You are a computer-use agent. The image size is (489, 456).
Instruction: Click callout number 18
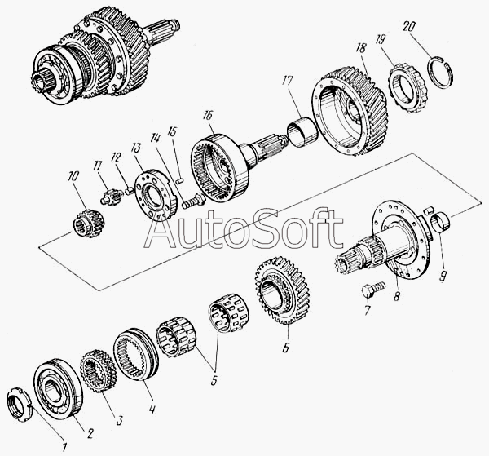(x=360, y=50)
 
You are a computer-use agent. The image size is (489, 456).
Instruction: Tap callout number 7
(x=365, y=311)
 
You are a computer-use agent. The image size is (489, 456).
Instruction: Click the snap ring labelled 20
(x=445, y=68)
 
